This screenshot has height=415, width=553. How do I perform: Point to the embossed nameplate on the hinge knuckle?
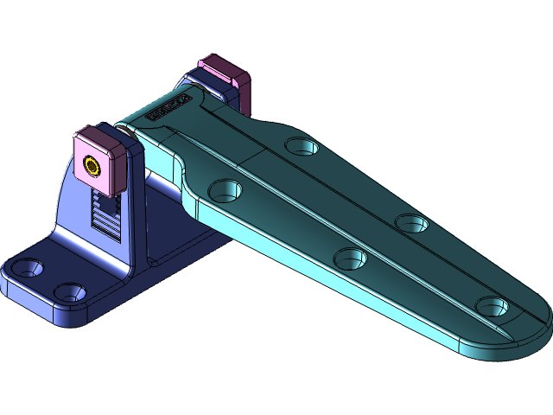coord(168,106)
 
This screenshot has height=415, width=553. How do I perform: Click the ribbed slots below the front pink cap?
coord(105,216)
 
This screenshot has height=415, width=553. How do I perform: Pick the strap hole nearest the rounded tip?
coord(491,306)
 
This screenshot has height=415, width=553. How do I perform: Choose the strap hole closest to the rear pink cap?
coord(301,145)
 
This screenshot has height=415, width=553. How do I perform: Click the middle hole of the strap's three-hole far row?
coord(412,222)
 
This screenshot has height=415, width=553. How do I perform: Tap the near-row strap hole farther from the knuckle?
coord(349,257)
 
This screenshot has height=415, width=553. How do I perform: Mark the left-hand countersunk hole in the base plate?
coord(27,268)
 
